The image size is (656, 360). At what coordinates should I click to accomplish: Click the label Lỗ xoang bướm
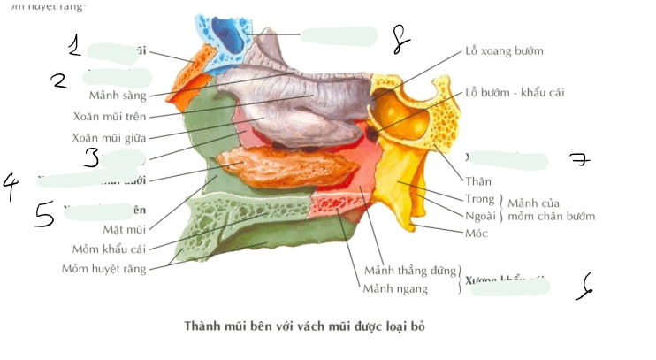click(x=504, y=51)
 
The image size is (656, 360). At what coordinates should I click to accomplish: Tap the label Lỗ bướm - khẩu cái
click(x=515, y=93)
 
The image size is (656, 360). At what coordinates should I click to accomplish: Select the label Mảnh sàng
click(x=118, y=96)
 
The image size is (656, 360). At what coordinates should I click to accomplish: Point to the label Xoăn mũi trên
click(x=110, y=116)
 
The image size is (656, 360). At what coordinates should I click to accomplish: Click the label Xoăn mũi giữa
click(x=109, y=137)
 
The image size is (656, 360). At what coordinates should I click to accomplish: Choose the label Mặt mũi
click(x=124, y=230)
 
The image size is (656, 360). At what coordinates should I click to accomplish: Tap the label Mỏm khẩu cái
click(x=109, y=249)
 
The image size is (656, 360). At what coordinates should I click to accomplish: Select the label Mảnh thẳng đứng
click(x=408, y=270)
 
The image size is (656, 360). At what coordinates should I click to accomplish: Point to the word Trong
click(x=480, y=199)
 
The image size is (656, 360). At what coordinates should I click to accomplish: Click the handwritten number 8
click(x=400, y=37)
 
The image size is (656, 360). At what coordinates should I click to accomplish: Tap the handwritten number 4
click(x=11, y=187)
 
